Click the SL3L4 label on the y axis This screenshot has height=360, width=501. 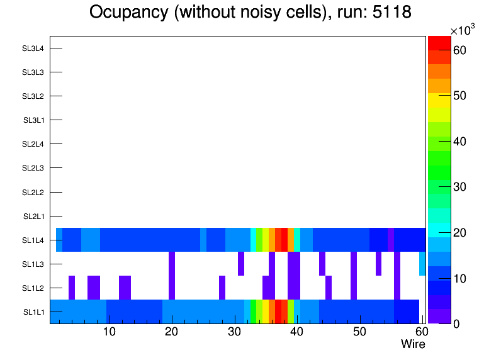pos(33,48)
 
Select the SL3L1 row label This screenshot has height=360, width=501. pos(33,120)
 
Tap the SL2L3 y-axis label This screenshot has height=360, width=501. pos(33,168)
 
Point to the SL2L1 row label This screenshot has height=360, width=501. pos(33,216)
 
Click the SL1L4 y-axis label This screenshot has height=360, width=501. pos(33,240)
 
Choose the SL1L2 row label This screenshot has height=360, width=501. pos(33,288)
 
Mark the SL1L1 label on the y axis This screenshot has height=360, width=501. pos(33,312)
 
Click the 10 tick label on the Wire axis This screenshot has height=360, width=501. pos(109,332)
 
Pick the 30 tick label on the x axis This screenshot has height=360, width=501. pos(234,332)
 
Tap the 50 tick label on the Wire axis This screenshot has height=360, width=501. pos(359,332)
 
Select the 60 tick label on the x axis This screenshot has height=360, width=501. pos(420,332)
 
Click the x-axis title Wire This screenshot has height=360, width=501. pos(413,344)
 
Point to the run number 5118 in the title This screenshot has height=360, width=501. pos(390,13)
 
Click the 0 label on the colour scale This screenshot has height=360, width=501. pos(459,323)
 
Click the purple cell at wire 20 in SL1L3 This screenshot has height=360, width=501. pos(172,264)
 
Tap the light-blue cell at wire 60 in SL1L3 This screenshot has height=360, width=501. pos(422,264)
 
